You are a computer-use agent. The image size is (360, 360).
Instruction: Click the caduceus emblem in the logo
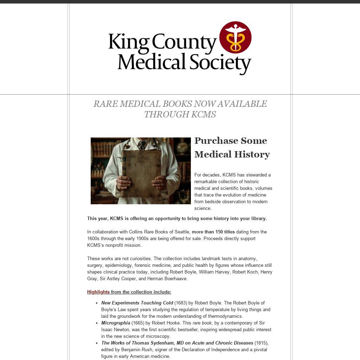235,37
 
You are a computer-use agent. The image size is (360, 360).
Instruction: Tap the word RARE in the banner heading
105,104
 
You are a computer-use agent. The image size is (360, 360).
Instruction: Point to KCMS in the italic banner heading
204,115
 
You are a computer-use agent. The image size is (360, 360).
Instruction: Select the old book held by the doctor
141,172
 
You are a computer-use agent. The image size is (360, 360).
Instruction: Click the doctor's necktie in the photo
142,145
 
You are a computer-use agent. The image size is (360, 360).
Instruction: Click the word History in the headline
252,154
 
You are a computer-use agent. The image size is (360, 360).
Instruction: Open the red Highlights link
98,292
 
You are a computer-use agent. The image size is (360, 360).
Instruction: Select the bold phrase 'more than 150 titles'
213,232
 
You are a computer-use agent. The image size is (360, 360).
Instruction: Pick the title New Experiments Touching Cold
137,303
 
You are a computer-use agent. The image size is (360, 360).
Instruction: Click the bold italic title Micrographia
116,323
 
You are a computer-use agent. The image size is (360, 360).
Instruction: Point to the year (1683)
181,303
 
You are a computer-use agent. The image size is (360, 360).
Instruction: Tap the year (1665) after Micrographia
138,323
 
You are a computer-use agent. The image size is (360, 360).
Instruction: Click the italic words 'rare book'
202,323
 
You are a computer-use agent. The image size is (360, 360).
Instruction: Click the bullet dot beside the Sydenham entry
97,343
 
